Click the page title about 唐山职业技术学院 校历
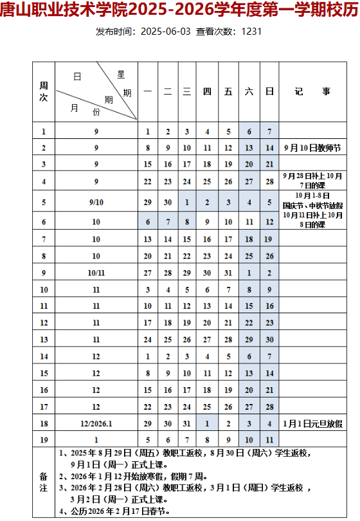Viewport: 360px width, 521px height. coord(179,11)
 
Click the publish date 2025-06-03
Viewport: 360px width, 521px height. coord(165,31)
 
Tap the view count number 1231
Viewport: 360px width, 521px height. coord(251,31)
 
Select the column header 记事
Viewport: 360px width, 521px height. coord(312,91)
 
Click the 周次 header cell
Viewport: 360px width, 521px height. coord(44,91)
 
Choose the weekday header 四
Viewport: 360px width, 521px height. coord(207,91)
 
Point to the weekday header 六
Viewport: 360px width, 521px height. coord(249,91)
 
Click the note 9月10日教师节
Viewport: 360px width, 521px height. coord(312,148)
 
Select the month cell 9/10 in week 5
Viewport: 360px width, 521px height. coord(96,202)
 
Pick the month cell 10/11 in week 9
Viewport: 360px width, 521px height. coord(96,272)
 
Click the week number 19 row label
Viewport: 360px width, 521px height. coord(44,439)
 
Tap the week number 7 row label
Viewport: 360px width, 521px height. coord(44,239)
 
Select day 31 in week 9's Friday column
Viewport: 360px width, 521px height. coord(228,272)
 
